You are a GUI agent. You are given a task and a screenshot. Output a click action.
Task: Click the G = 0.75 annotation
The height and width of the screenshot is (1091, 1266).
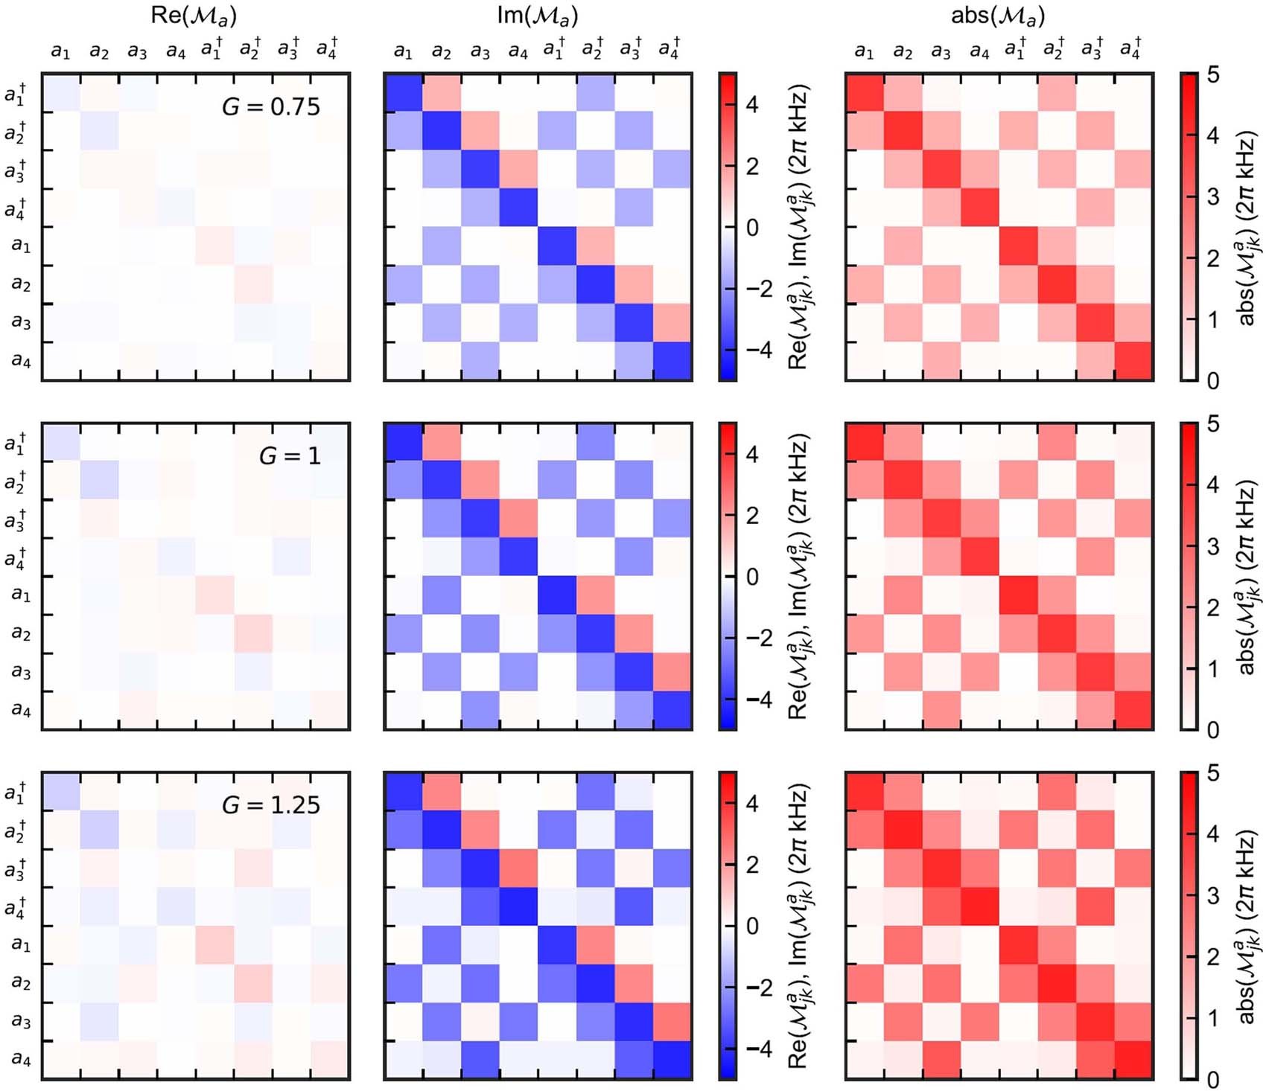[x=271, y=106]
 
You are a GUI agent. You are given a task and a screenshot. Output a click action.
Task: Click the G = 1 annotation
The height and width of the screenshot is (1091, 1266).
[x=290, y=455]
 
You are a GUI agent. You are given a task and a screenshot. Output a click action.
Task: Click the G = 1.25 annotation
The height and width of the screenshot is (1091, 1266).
[x=271, y=804]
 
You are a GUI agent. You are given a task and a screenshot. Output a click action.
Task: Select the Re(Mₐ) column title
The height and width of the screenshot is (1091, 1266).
[x=194, y=16]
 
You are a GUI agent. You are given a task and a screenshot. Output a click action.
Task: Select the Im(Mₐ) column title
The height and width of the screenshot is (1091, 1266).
[x=537, y=16]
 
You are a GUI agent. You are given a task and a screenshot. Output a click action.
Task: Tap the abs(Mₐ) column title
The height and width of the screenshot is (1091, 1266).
[x=998, y=16]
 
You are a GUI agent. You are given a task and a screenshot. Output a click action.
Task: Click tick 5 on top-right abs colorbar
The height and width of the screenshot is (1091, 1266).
[x=1212, y=74]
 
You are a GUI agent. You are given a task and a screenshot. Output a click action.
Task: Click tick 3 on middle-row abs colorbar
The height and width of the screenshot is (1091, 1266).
[x=1212, y=546]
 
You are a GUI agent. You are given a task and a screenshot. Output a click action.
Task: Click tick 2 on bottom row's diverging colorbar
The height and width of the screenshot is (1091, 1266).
[x=752, y=865]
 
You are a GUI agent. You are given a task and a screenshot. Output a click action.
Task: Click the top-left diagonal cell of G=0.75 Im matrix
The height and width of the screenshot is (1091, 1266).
[x=403, y=92]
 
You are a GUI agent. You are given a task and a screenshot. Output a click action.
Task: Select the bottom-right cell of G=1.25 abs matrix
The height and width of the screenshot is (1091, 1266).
[x=1134, y=1060]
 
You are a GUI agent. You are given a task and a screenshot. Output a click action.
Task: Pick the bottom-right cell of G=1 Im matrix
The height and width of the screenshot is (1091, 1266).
[x=672, y=710]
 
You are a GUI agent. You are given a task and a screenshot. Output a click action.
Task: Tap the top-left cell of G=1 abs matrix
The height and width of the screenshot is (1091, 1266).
[x=865, y=442]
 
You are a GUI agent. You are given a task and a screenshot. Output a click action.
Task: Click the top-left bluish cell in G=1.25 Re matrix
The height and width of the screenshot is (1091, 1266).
[x=60, y=791]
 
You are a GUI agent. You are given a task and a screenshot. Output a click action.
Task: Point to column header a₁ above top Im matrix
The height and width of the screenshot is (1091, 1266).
[x=403, y=51]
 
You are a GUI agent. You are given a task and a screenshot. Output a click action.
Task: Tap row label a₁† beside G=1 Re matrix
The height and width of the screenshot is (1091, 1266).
[x=16, y=443]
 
